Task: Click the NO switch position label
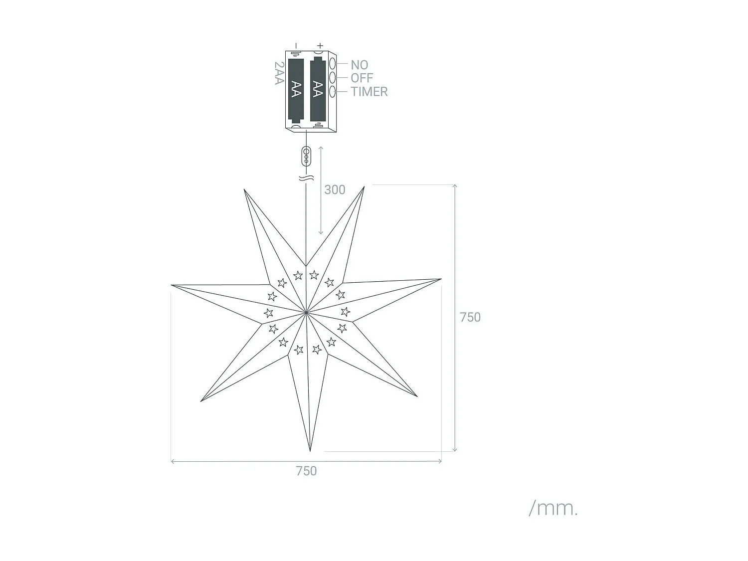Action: click(x=359, y=65)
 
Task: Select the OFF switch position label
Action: click(x=362, y=78)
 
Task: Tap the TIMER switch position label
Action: click(x=369, y=92)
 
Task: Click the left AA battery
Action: click(x=296, y=90)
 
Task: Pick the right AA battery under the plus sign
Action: click(x=318, y=89)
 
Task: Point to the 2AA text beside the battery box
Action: click(x=279, y=73)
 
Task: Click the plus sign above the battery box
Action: click(x=320, y=46)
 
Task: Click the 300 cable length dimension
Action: click(x=335, y=189)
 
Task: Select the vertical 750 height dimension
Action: click(x=470, y=317)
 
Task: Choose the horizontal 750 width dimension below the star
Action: click(x=306, y=471)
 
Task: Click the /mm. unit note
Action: click(x=553, y=508)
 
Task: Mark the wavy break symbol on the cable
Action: click(x=306, y=178)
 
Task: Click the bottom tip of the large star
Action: click(x=310, y=450)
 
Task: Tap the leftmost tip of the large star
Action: click(x=173, y=286)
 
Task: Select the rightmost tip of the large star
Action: click(x=440, y=279)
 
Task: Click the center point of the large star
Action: click(x=306, y=313)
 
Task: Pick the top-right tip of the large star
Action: click(x=364, y=187)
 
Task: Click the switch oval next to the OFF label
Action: click(x=332, y=78)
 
